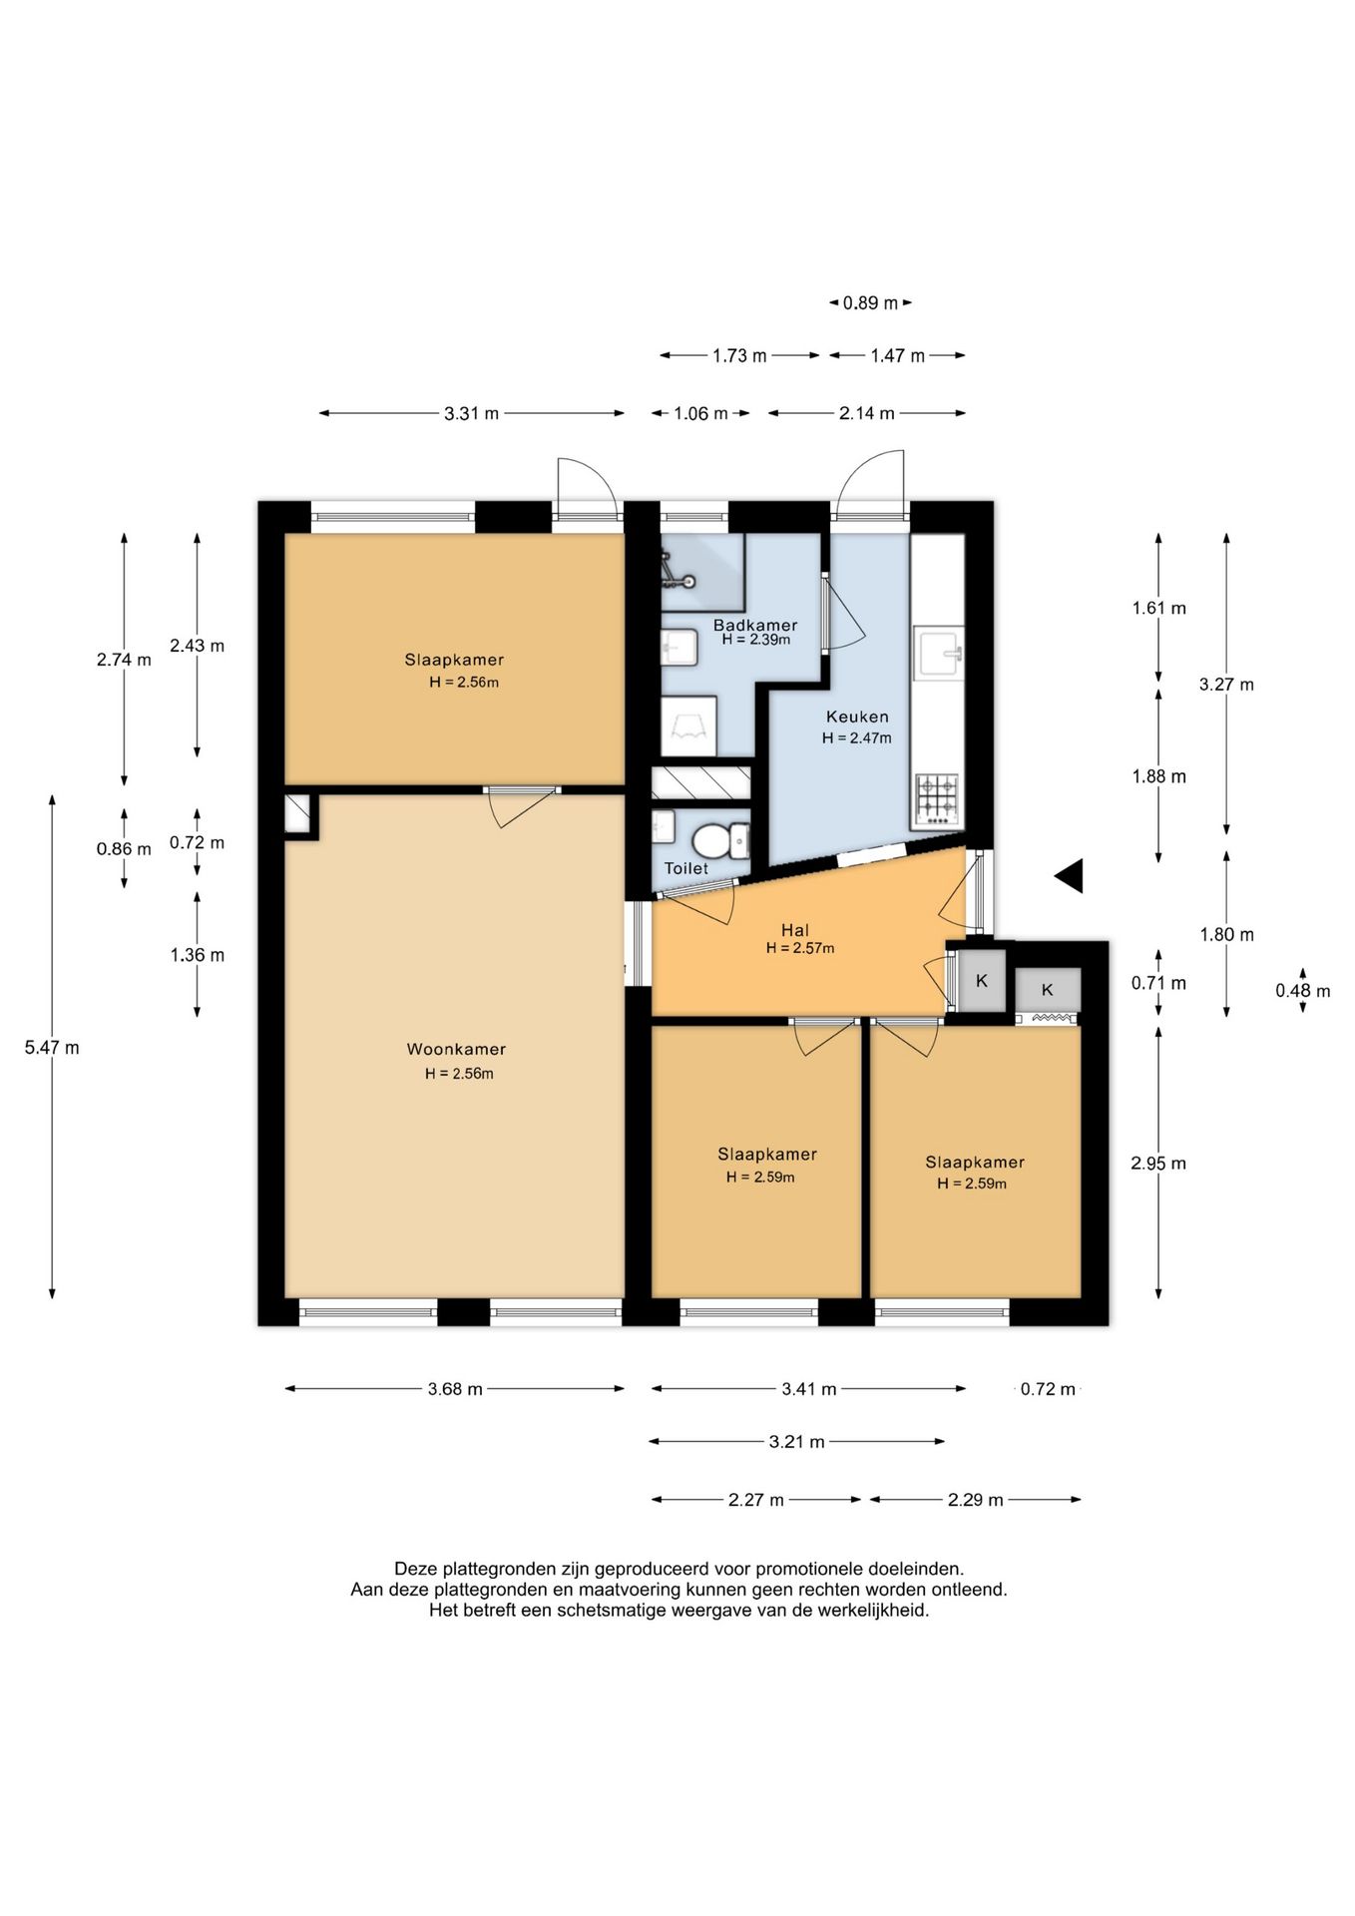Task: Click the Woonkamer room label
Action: point(456,1049)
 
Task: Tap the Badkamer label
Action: point(755,626)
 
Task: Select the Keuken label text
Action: point(857,717)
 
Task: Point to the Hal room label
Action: point(795,930)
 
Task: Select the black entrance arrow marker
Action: point(1069,876)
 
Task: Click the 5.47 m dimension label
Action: point(52,1048)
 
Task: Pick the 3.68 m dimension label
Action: point(455,1389)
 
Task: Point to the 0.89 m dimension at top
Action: point(870,302)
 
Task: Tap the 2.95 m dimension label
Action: point(1158,1164)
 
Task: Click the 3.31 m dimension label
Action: point(471,413)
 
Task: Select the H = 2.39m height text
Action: point(756,640)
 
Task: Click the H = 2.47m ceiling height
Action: point(857,738)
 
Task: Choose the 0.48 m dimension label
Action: point(1303,991)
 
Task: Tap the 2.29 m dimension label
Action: point(975,1500)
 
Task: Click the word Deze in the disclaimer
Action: point(413,1570)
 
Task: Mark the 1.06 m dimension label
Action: point(700,413)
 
